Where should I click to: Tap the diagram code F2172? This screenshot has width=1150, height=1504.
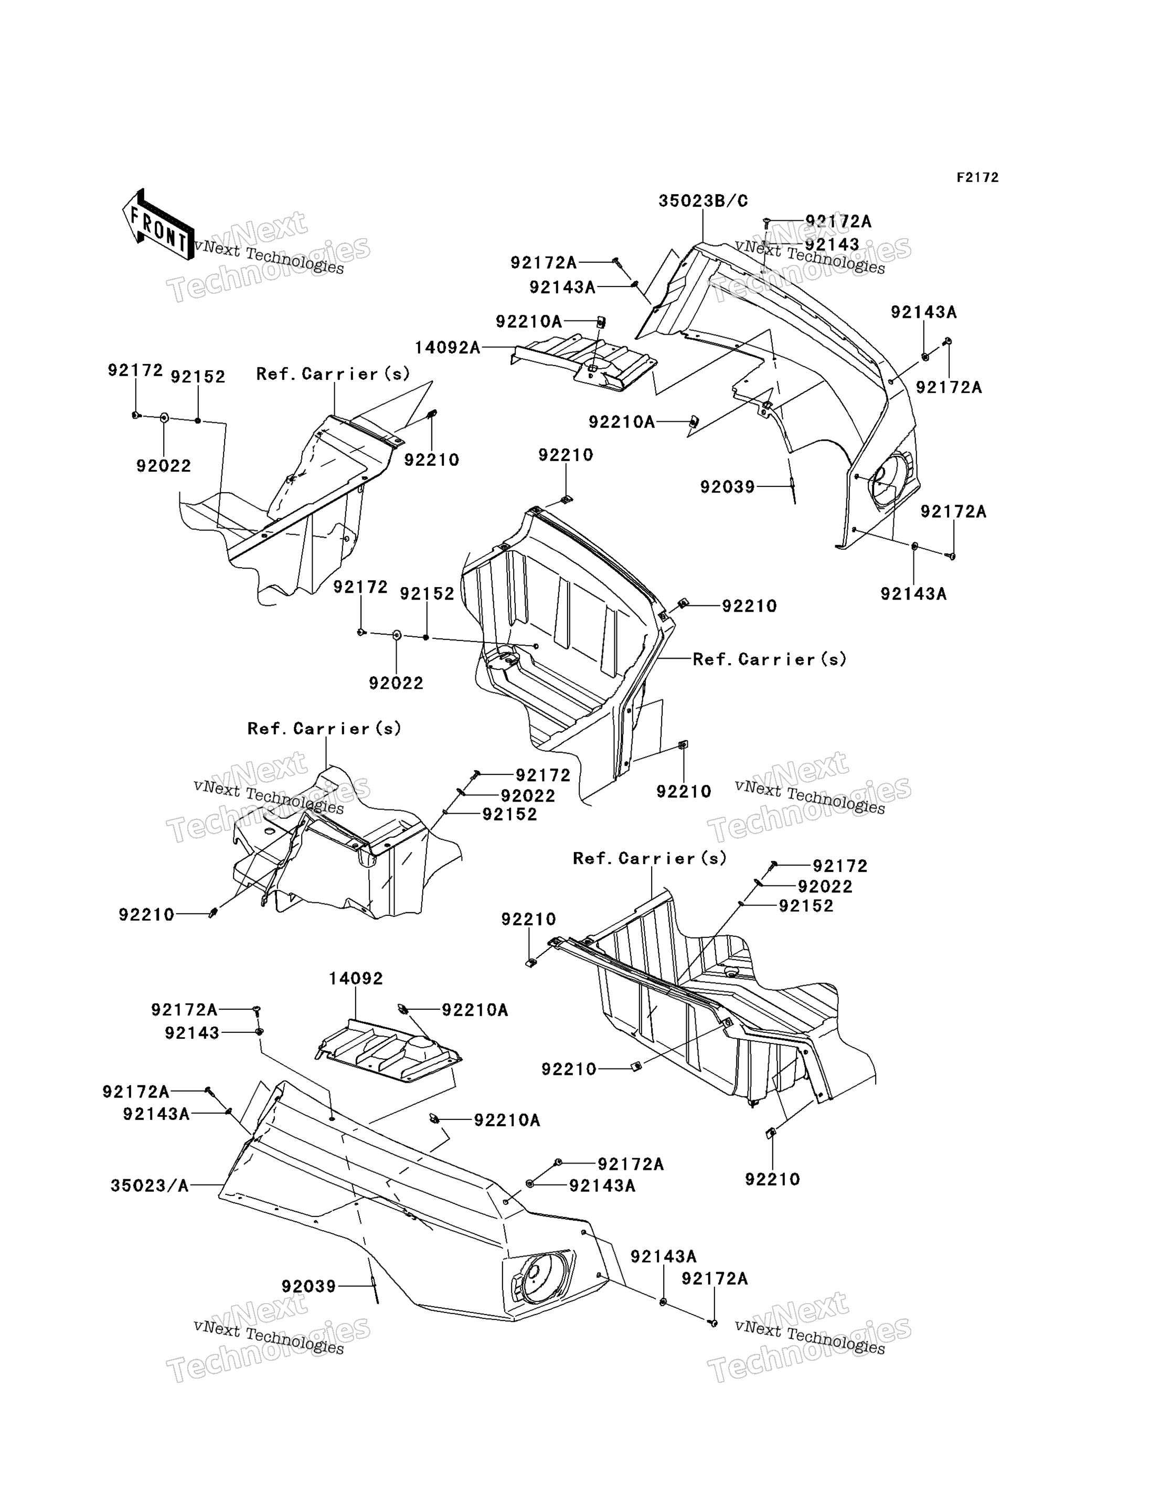pyautogui.click(x=977, y=178)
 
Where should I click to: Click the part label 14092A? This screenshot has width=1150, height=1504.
pyautogui.click(x=447, y=348)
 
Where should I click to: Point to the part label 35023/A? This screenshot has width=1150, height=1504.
pyautogui.click(x=149, y=1185)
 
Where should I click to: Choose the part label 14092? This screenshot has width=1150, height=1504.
pyautogui.click(x=356, y=979)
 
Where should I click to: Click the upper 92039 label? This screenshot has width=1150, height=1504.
pyautogui.click(x=727, y=487)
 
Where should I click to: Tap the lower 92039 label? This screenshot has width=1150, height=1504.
pyautogui.click(x=308, y=1286)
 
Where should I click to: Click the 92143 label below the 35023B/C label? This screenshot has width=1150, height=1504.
pyautogui.click(x=832, y=244)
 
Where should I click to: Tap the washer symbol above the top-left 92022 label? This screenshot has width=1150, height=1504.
pyautogui.click(x=164, y=417)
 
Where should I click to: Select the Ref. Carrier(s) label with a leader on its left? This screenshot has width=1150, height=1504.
pyautogui.click(x=770, y=659)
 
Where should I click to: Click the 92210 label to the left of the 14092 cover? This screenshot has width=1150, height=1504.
pyautogui.click(x=146, y=914)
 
